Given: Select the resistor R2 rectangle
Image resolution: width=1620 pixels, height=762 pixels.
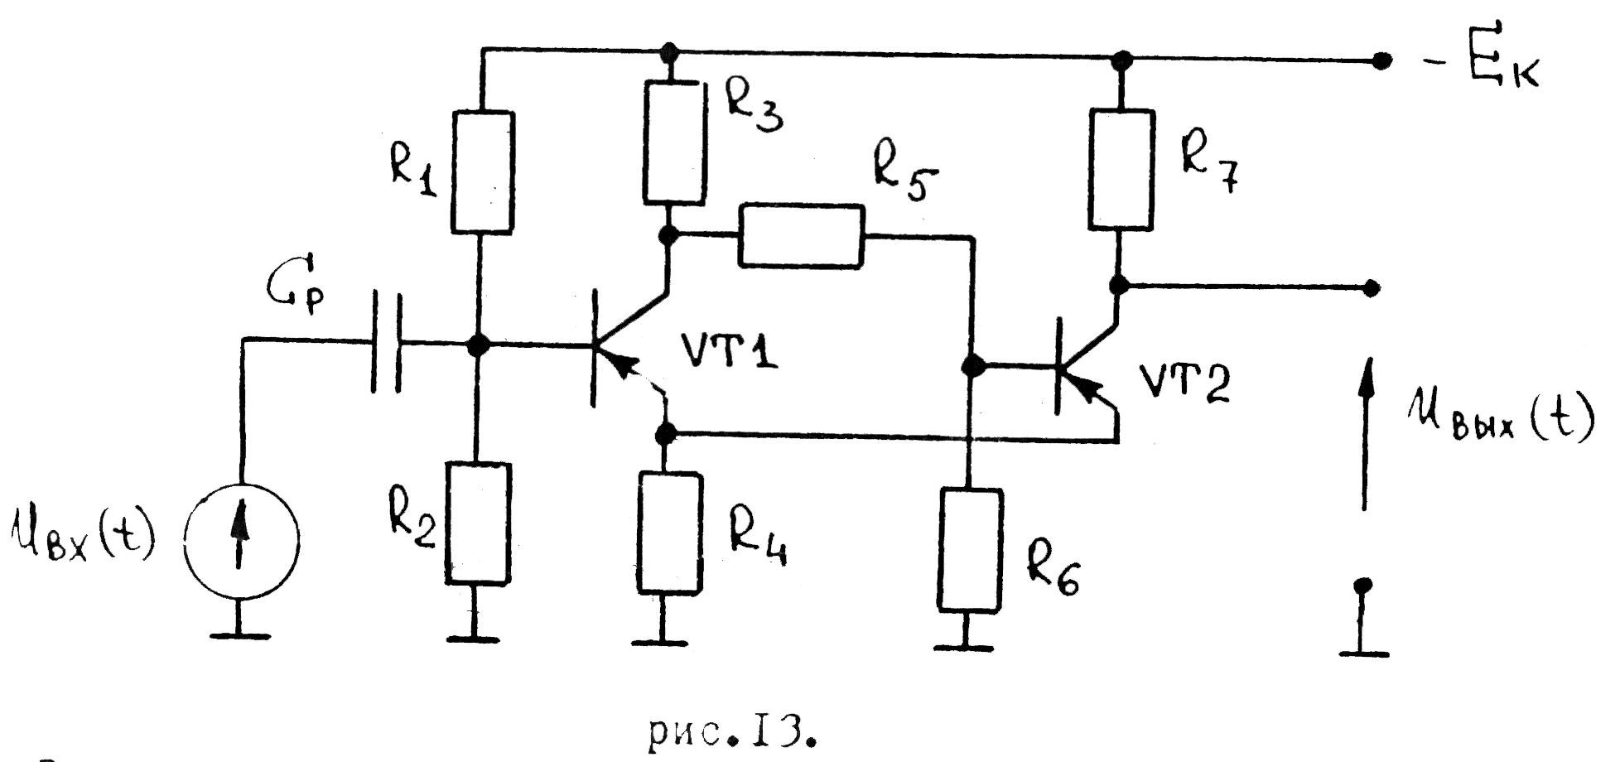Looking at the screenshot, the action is point(477,523).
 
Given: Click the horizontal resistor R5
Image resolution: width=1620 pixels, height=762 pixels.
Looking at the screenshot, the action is point(801,236).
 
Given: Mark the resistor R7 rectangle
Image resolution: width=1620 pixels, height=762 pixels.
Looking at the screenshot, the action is point(1121,169).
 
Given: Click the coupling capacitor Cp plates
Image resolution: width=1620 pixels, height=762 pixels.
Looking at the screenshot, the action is point(386,340).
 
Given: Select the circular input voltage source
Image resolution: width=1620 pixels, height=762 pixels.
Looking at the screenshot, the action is point(241,540).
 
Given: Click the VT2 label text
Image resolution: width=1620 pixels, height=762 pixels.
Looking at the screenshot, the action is point(1185,383).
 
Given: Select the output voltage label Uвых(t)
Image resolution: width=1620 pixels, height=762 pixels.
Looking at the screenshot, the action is point(1500,420).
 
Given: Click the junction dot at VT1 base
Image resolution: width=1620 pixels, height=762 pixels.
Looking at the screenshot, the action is point(476,345).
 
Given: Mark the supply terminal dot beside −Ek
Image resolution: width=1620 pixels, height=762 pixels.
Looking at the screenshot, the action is point(1381,61).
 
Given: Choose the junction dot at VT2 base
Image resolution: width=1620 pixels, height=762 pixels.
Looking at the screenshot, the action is point(975,364).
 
